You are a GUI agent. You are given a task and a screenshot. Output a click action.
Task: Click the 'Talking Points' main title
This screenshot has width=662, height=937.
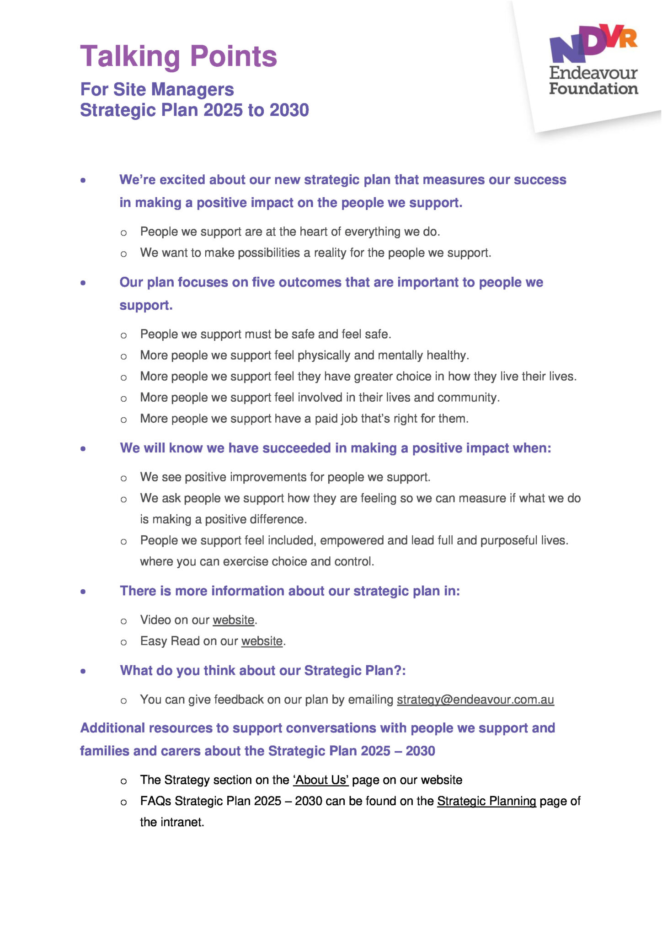[178, 57]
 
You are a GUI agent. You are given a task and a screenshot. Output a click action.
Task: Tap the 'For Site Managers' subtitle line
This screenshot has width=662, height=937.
[157, 89]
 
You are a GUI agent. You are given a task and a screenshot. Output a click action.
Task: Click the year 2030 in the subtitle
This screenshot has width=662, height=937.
[289, 110]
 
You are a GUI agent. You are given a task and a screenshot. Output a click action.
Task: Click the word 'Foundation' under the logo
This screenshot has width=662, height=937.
[593, 88]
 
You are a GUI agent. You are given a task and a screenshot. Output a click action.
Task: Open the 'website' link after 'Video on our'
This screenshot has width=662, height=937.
[233, 620]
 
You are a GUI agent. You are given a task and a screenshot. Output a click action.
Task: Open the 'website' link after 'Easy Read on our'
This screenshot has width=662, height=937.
[262, 641]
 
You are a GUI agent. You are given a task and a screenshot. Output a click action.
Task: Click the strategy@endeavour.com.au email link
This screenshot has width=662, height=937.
[475, 700]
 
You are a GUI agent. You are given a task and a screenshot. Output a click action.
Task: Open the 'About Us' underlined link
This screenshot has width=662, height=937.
[321, 780]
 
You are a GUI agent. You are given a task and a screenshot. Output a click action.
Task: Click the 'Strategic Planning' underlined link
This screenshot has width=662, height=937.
[486, 801]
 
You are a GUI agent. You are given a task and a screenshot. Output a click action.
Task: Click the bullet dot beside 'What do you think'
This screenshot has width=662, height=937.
[83, 671]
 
